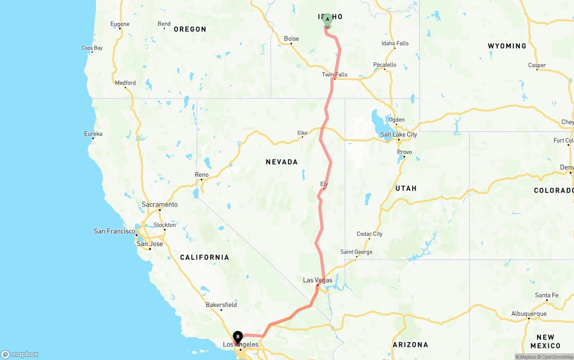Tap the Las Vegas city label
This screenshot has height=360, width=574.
317,280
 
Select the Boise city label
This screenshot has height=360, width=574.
291,39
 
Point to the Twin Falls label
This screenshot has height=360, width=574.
335,74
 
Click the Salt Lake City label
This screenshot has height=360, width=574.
398,134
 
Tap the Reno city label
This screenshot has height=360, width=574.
201,174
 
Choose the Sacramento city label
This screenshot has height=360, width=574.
160,204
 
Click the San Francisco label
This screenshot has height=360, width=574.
114,231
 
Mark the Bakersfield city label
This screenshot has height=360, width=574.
221,305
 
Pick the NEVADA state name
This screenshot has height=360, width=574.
282,162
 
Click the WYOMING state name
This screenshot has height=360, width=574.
507,46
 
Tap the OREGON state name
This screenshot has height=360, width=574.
190,29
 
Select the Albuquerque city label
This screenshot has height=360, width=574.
529,314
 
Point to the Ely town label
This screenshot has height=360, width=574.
324,184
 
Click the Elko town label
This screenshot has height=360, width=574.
302,133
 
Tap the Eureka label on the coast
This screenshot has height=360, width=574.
93,134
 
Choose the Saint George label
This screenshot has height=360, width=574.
356,252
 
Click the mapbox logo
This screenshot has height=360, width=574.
20,354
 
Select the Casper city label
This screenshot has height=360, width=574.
537,65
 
